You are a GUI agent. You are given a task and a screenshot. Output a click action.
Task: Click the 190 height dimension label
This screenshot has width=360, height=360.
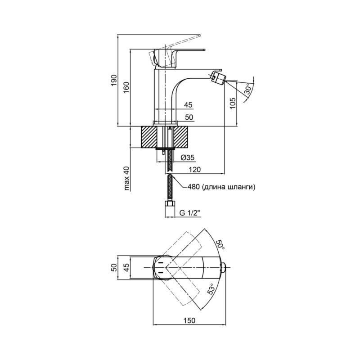[114, 80]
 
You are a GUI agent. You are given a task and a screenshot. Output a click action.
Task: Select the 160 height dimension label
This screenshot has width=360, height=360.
[126, 87]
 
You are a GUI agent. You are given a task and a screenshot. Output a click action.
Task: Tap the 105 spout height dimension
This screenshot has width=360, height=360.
[233, 103]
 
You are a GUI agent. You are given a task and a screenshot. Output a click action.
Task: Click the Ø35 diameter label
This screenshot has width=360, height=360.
[187, 157]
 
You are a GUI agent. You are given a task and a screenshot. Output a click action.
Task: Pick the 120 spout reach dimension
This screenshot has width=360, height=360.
[194, 170]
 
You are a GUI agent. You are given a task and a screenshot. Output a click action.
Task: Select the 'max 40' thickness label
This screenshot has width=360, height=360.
[126, 179]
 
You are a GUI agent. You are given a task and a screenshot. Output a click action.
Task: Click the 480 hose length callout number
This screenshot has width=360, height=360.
[194, 187]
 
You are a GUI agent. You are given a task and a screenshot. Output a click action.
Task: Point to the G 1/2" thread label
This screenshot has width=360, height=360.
[190, 213]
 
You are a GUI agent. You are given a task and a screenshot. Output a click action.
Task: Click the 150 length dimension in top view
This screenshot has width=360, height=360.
[189, 320]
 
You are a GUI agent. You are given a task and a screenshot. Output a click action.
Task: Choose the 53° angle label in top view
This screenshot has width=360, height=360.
[211, 289]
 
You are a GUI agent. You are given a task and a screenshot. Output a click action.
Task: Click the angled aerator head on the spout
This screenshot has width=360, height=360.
[218, 77]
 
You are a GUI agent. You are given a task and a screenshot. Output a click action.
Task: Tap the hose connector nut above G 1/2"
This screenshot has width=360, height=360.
[170, 204]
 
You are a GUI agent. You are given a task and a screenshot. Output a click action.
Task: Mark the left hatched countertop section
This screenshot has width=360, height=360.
[149, 137]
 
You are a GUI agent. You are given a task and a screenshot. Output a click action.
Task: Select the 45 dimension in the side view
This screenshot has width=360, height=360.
[188, 105]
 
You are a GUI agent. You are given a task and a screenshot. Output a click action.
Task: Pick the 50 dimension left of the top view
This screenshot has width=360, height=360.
[114, 268]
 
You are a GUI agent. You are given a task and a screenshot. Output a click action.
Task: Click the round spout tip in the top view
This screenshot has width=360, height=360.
[223, 268]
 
